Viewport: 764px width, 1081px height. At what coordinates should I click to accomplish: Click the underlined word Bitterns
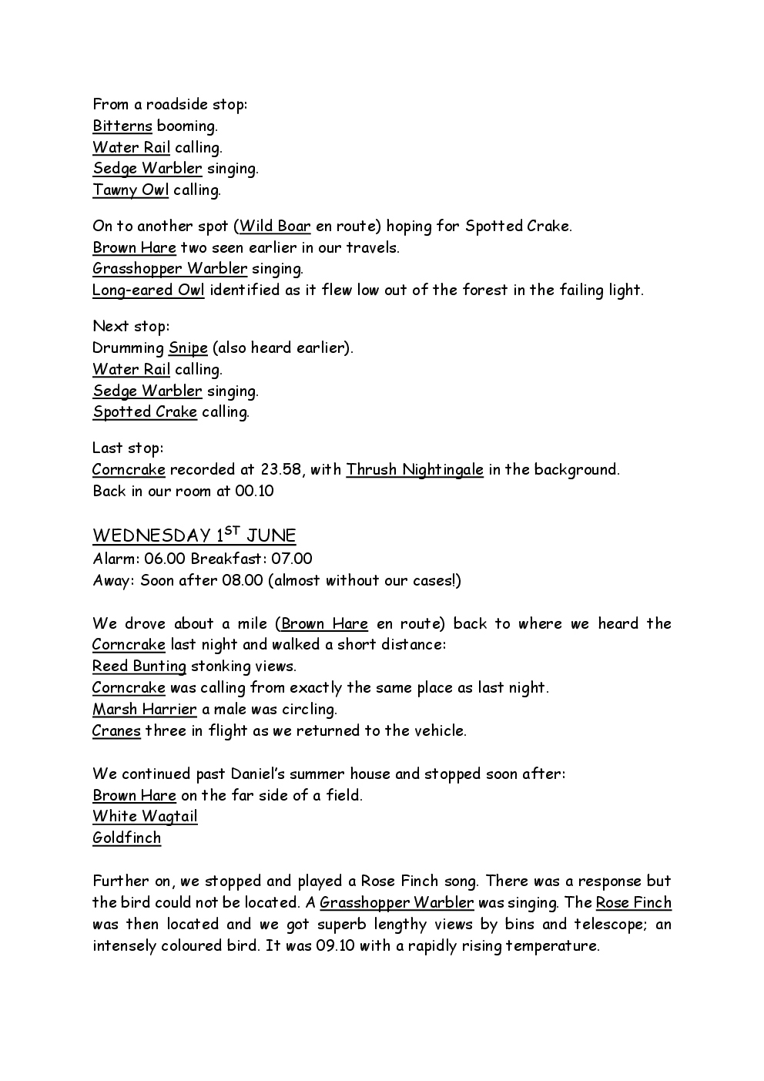(x=122, y=126)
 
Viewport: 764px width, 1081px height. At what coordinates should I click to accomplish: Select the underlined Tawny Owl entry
(x=130, y=190)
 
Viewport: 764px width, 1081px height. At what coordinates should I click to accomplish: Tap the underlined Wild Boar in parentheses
(x=275, y=226)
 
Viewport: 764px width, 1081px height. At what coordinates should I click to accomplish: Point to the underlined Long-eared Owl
(x=148, y=290)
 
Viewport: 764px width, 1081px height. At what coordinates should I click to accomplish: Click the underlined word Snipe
(x=188, y=347)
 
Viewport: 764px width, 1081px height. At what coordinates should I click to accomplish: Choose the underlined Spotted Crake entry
(x=145, y=411)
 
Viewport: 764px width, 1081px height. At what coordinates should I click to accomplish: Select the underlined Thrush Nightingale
(x=414, y=469)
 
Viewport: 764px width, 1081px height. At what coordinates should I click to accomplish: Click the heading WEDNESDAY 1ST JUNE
(x=194, y=535)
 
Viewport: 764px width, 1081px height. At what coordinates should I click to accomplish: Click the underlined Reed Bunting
(x=139, y=666)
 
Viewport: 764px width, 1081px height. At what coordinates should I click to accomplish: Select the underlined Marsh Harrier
(x=145, y=709)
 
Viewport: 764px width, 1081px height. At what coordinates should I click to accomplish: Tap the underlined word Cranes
(x=116, y=730)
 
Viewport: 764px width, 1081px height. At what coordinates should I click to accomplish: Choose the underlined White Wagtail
(x=145, y=816)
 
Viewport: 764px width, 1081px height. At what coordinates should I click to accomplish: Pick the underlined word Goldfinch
(x=127, y=838)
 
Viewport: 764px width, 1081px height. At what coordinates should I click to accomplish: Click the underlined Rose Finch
(x=633, y=902)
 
